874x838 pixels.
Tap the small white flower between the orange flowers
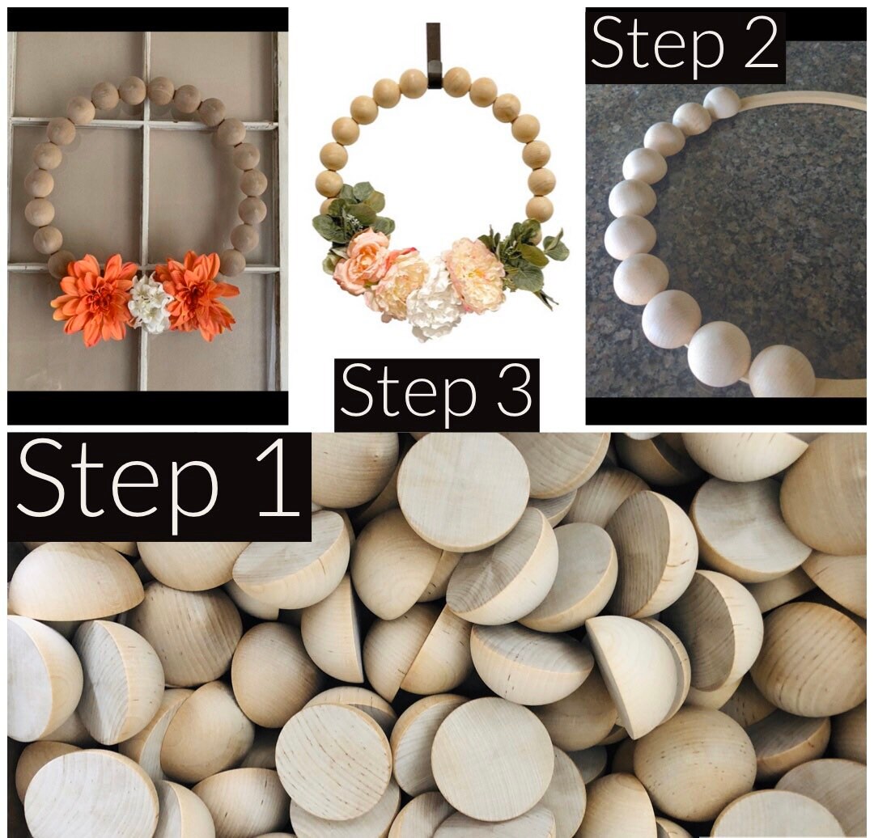150,304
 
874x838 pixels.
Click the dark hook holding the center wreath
434,52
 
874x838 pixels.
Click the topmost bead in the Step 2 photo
721,103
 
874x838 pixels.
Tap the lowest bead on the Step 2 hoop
781,372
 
